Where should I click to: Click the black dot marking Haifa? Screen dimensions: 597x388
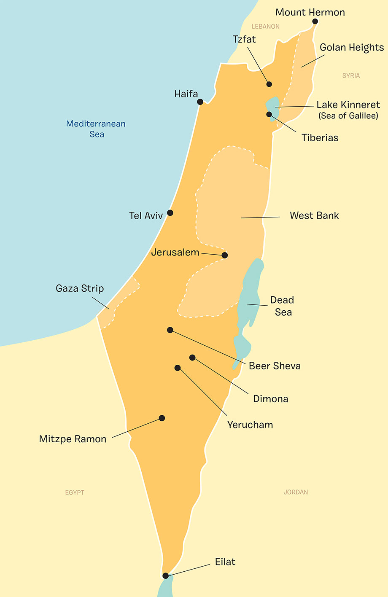coord(200,102)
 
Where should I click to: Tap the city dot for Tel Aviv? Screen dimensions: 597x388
coord(170,212)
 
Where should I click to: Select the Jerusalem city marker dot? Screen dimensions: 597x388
coord(225,255)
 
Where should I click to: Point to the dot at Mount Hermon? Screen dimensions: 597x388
coord(315,21)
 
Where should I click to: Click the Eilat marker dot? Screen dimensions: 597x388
coord(165,575)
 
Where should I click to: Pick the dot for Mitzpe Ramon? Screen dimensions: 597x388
coord(162,418)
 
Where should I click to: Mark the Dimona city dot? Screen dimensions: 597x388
coord(192,358)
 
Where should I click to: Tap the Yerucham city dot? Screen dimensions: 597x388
coord(178,368)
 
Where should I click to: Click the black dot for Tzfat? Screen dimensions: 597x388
coord(269,84)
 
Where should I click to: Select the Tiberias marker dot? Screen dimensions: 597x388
coord(269,114)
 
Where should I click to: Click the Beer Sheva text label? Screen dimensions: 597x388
coord(275,366)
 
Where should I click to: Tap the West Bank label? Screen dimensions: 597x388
coord(314,215)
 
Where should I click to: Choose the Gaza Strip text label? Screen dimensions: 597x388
coord(80,288)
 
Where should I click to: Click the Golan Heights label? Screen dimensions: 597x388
coord(352,47)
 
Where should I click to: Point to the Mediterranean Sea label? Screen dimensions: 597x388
coord(96,129)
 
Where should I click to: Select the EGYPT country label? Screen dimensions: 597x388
coord(75,492)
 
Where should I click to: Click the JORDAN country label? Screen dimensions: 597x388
coord(296,492)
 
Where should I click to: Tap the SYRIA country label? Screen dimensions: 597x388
coord(351,75)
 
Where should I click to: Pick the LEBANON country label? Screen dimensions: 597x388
coord(265,27)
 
